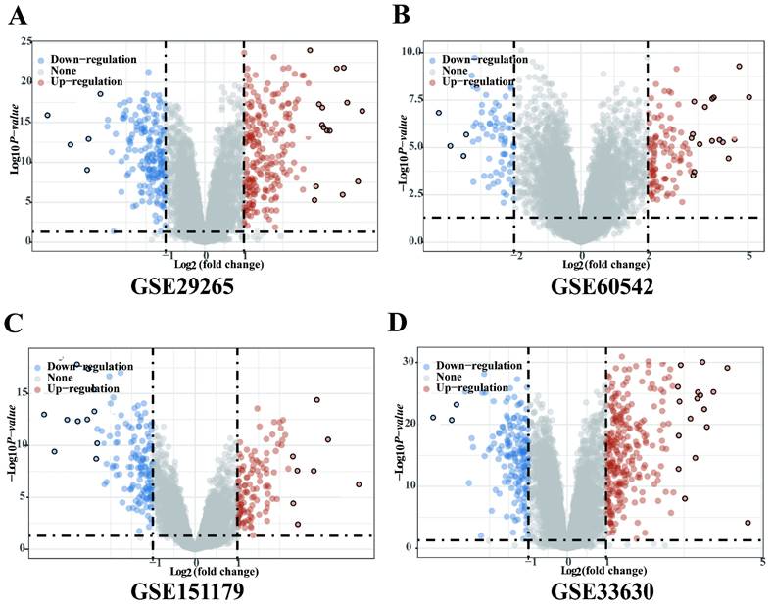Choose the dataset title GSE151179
click(x=195, y=593)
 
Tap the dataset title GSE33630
click(x=585, y=593)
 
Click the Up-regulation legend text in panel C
click(x=86, y=388)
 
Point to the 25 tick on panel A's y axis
click(x=25, y=40)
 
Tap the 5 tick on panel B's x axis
click(x=748, y=256)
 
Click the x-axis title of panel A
click(x=205, y=265)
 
